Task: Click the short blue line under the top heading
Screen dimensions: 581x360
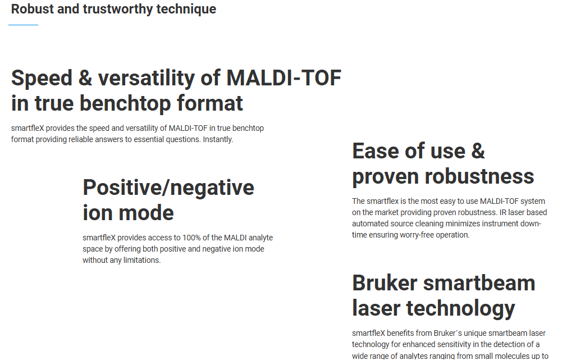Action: click(x=24, y=25)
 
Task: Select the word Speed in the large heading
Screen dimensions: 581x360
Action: click(x=42, y=78)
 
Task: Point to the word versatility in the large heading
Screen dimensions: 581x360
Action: click(x=146, y=78)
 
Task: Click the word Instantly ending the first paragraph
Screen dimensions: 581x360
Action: click(x=218, y=139)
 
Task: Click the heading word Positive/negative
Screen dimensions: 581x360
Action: click(x=168, y=188)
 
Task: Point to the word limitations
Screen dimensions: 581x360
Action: click(x=142, y=260)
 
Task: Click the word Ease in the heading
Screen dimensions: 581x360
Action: click(x=377, y=151)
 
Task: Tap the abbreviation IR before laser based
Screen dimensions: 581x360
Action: click(x=503, y=212)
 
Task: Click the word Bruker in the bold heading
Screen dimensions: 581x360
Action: click(x=385, y=283)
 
